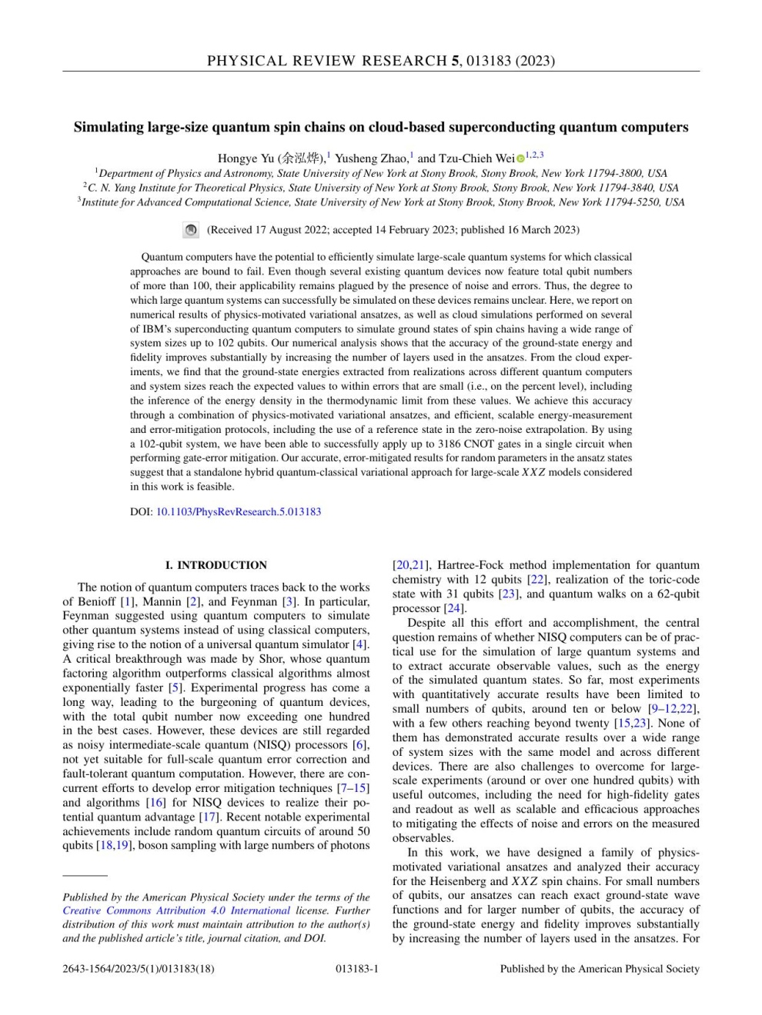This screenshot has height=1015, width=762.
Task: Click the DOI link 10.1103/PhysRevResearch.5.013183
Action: (x=239, y=511)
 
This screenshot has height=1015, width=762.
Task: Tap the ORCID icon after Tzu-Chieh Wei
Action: (x=520, y=158)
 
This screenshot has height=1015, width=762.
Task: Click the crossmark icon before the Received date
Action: (x=191, y=230)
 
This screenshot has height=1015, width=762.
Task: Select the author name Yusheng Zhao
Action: (x=371, y=158)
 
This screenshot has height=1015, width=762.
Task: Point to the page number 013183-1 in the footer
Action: (x=357, y=969)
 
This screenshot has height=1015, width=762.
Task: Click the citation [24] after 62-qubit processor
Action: (x=454, y=608)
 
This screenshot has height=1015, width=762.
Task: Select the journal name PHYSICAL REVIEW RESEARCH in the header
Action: (x=327, y=61)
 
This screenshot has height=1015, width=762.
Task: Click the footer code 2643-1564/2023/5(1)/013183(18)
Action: (x=139, y=969)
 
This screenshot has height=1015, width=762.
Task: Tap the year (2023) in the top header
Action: (x=535, y=61)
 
